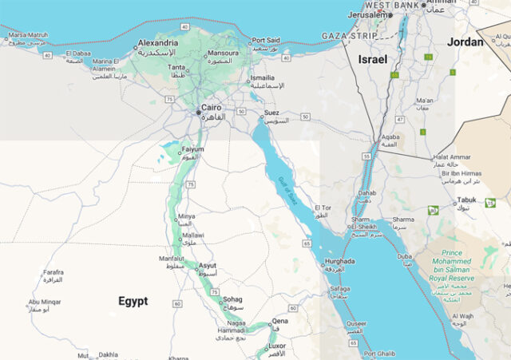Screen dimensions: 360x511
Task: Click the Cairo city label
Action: pos(212,107)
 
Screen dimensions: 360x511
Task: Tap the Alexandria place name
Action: pos(157,42)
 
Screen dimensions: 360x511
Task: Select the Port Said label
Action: pos(267,40)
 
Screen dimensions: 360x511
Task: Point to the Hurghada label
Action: pos(340,261)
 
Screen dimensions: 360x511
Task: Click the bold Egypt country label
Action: pos(133,301)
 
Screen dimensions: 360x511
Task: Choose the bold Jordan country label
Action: pos(465,42)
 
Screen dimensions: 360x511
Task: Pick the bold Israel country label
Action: pos(372,60)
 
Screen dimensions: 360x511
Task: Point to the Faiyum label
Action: pos(193,149)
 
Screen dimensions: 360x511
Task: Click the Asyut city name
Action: pos(207,265)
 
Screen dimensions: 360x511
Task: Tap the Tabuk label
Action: pos(466,200)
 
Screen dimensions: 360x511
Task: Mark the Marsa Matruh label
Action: pos(28,35)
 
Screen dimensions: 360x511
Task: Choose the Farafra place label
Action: pos(53,271)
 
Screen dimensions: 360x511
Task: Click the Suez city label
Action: pos(271,113)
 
